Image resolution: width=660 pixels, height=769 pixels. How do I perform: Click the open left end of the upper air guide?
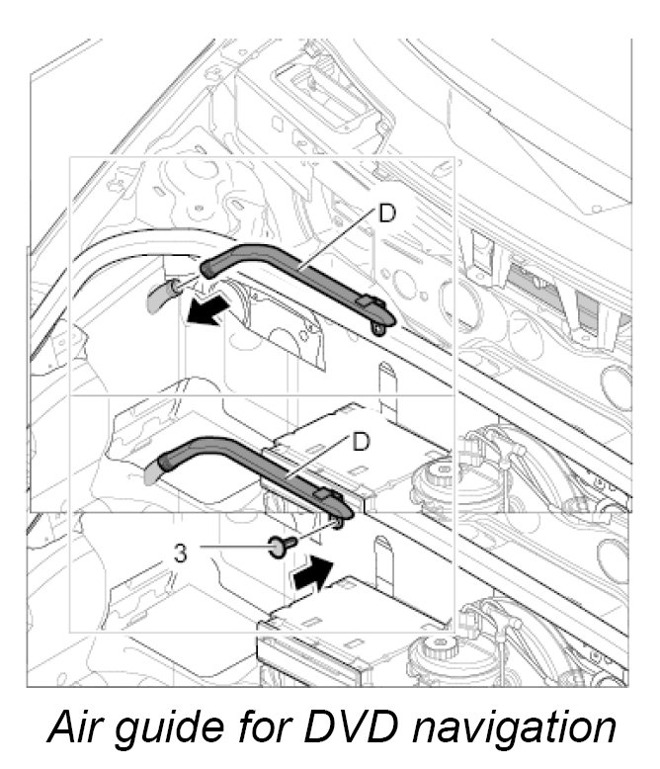[x=208, y=266]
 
